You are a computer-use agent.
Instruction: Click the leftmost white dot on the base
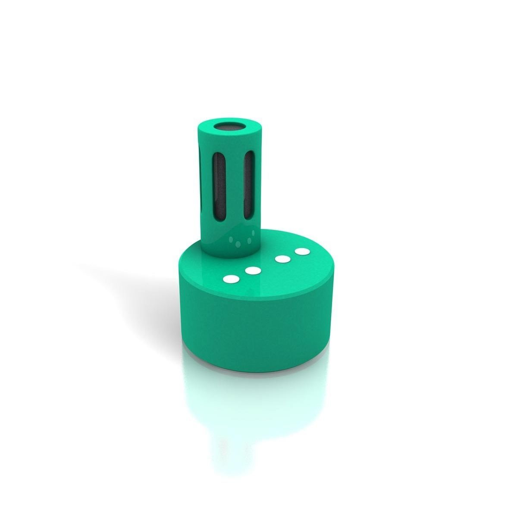click(x=232, y=279)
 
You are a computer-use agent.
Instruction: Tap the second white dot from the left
click(x=253, y=271)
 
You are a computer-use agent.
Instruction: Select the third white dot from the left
click(x=282, y=259)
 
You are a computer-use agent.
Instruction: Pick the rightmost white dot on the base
click(x=302, y=251)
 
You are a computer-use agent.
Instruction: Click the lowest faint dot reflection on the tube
click(x=238, y=245)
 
